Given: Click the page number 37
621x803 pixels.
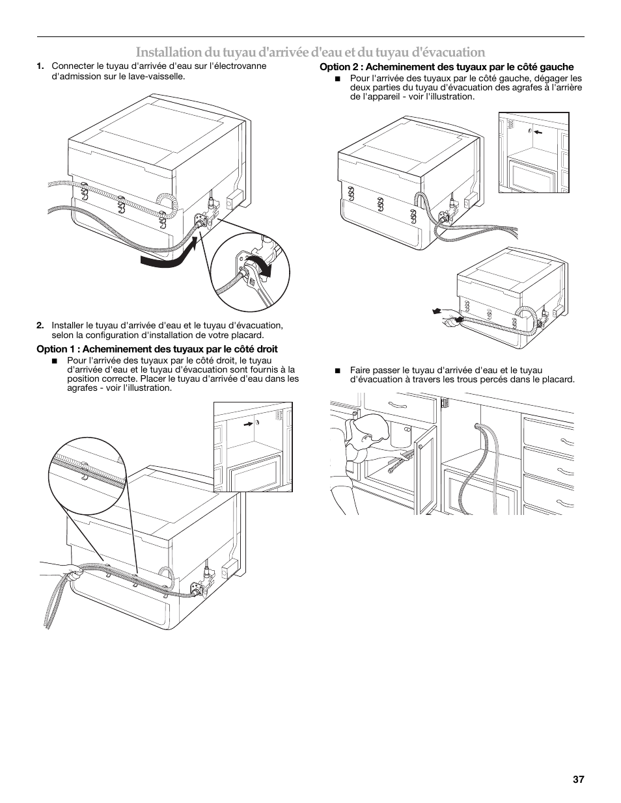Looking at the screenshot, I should [579, 779].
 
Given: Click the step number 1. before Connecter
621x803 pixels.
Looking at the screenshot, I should [40, 66].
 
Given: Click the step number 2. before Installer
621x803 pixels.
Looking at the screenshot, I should [40, 326].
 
